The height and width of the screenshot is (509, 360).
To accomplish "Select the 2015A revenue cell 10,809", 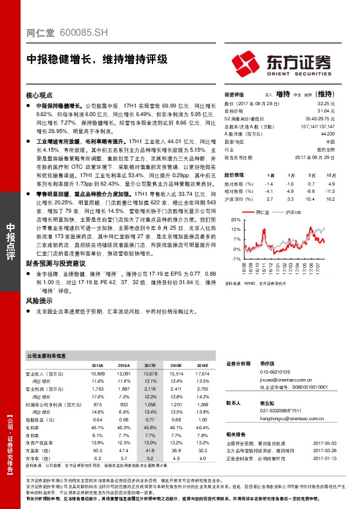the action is pos(97,375).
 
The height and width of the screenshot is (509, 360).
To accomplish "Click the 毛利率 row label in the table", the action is pos(34,427).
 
